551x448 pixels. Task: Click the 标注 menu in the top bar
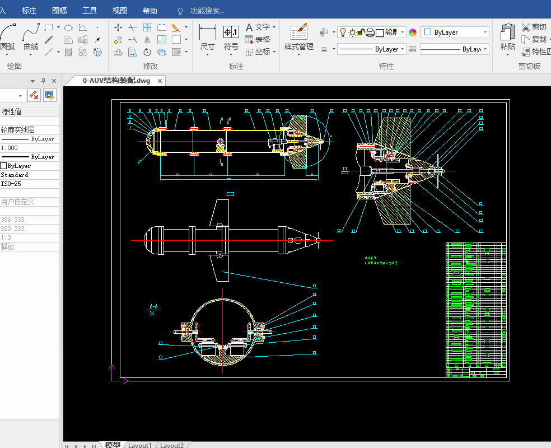(x=29, y=11)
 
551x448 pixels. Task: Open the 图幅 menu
(x=59, y=11)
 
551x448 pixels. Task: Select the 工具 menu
(x=90, y=11)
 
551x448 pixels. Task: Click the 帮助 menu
(x=150, y=11)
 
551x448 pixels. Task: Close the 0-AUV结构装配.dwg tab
(x=160, y=81)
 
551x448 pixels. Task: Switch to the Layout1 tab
(x=140, y=445)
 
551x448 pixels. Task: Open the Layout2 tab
(x=172, y=445)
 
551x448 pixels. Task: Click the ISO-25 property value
(x=11, y=184)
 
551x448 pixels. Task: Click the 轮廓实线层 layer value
(x=18, y=130)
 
